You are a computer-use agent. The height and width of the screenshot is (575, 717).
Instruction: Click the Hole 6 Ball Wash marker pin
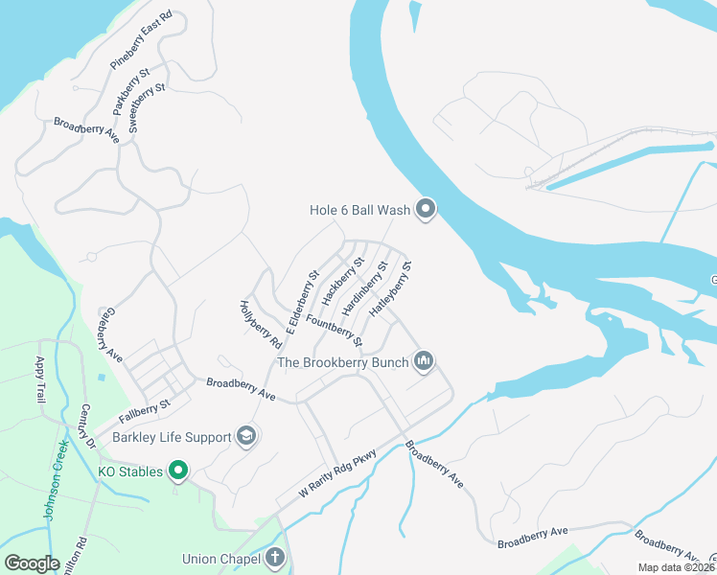426,209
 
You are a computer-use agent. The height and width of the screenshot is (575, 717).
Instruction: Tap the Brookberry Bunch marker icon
424,361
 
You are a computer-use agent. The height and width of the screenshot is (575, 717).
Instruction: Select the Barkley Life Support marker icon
246,437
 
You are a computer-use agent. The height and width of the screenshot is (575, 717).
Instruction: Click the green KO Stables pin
177,471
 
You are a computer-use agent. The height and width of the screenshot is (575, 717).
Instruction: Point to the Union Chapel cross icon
275,558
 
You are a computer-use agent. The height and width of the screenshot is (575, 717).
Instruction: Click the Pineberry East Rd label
141,40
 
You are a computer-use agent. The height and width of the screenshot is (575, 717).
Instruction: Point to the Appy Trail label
41,379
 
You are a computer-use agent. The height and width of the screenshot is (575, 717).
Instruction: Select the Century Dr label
88,426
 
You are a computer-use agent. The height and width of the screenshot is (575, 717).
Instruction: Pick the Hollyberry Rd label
260,324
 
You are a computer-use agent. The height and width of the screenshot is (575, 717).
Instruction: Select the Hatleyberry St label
390,289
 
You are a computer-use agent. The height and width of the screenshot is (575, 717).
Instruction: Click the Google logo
33,563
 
